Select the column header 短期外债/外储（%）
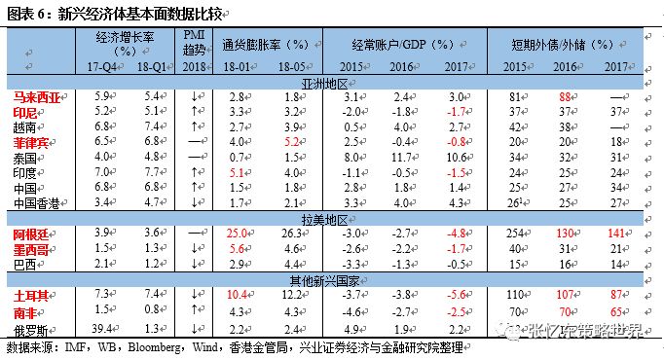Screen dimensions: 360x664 tap(564, 44)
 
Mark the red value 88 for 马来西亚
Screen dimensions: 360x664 tap(564, 97)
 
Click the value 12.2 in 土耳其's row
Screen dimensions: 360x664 tap(291, 294)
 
